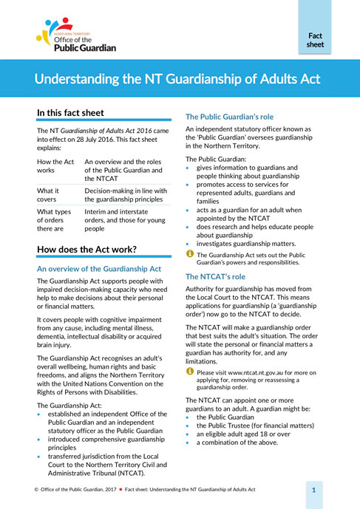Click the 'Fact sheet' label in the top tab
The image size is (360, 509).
click(x=315, y=39)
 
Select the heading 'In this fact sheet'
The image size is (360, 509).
click(x=71, y=114)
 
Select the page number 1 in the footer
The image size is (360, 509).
click(x=314, y=490)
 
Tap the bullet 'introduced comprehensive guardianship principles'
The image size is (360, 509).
click(x=103, y=440)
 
